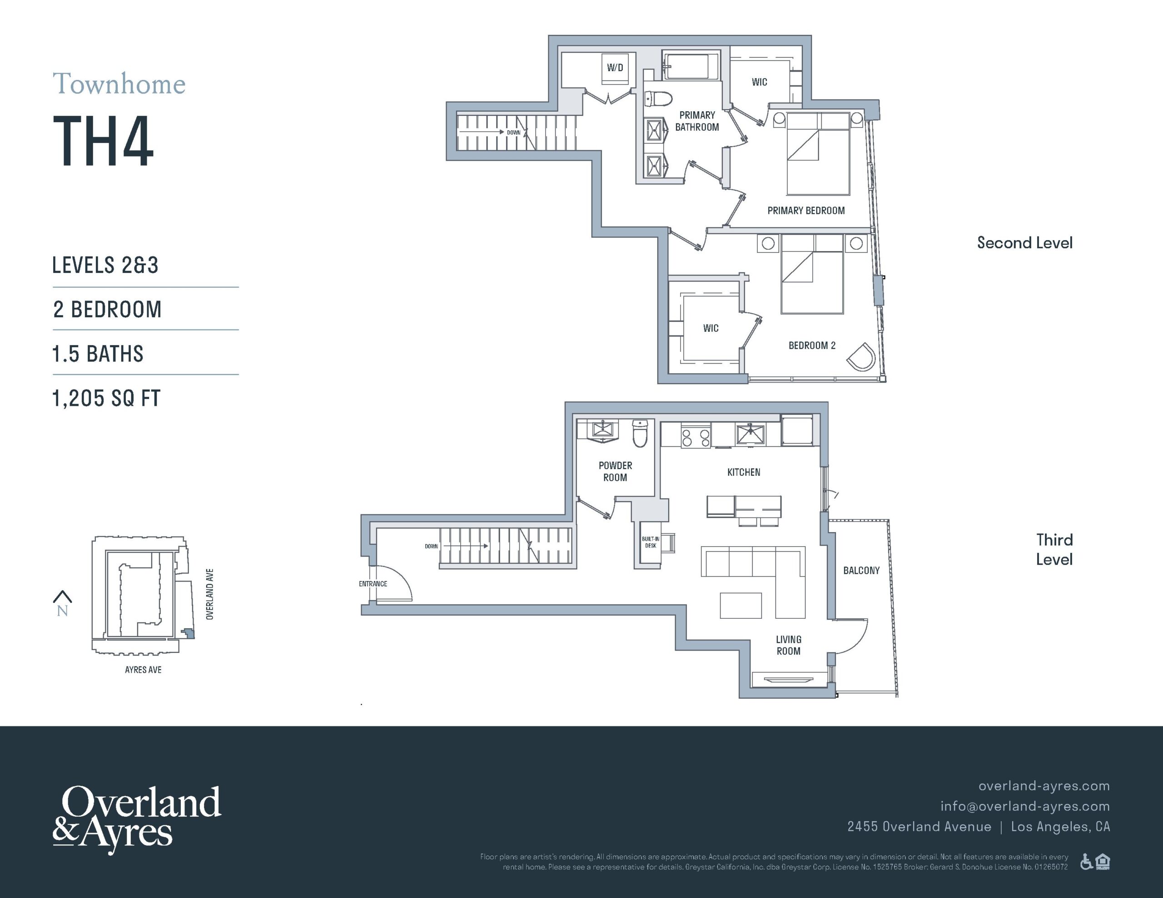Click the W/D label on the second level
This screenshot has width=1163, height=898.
coord(615,68)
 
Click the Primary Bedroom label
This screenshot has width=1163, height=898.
coord(805,211)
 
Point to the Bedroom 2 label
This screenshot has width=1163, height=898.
coord(812,345)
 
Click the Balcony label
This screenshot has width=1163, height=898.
coord(861,571)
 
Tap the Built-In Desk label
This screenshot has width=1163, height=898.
coord(651,542)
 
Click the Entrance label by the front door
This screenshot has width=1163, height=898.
coord(373,583)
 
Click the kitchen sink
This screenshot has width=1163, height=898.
coord(750,434)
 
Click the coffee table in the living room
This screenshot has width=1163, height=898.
coord(741,605)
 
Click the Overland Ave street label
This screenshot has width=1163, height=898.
coord(210,594)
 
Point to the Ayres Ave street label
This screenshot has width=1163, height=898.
coord(143,670)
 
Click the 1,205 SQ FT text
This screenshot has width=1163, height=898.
coord(106,398)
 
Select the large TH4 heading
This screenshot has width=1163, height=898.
coord(103,141)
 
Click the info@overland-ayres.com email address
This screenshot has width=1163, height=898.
coord(1025,806)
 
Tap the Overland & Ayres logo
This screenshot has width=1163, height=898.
coord(137,819)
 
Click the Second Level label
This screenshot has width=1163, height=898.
coord(1024,243)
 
